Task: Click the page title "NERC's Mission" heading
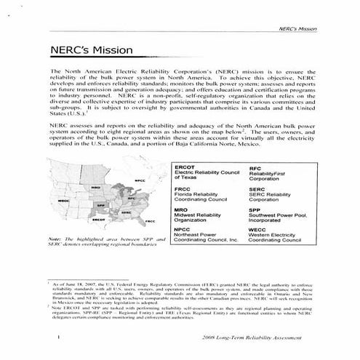click(x=91, y=51)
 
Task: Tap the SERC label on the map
click(x=126, y=212)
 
